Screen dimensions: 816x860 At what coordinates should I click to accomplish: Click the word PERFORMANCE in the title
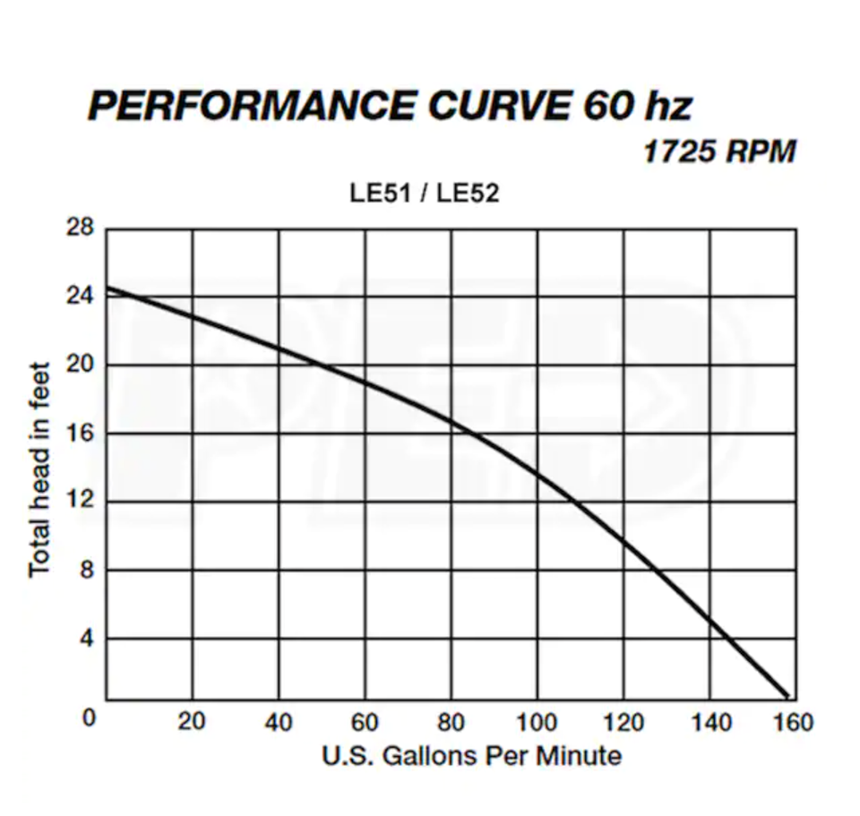coord(251,107)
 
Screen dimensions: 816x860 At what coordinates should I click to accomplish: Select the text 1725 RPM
coord(719,151)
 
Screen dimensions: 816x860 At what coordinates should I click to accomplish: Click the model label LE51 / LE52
coord(424,193)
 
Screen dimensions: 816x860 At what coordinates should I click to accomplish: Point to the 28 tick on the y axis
coord(80,228)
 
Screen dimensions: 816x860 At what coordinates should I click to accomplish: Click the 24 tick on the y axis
coord(80,296)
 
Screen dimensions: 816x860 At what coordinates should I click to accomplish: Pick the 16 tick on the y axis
coord(80,434)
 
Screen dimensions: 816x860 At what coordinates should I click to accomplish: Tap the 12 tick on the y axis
coord(80,501)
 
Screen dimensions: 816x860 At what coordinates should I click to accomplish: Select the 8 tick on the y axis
coord(86,570)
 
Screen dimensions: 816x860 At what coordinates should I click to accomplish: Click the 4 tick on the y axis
coord(86,639)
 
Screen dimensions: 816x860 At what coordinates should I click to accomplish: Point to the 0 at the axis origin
coord(88,719)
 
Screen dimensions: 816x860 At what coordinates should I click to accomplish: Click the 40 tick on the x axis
coord(279,721)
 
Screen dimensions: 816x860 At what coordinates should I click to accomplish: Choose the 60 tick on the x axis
coord(365,721)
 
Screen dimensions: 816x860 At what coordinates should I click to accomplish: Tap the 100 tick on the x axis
coord(537,721)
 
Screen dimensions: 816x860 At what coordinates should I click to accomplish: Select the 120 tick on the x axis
coord(623,721)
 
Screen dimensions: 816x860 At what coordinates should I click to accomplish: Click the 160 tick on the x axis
coord(794,721)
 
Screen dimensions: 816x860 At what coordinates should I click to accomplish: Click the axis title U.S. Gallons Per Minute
coord(471,756)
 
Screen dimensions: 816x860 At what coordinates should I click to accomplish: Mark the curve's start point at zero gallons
coord(107,288)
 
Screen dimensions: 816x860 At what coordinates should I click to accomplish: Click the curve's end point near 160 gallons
coord(787,695)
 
